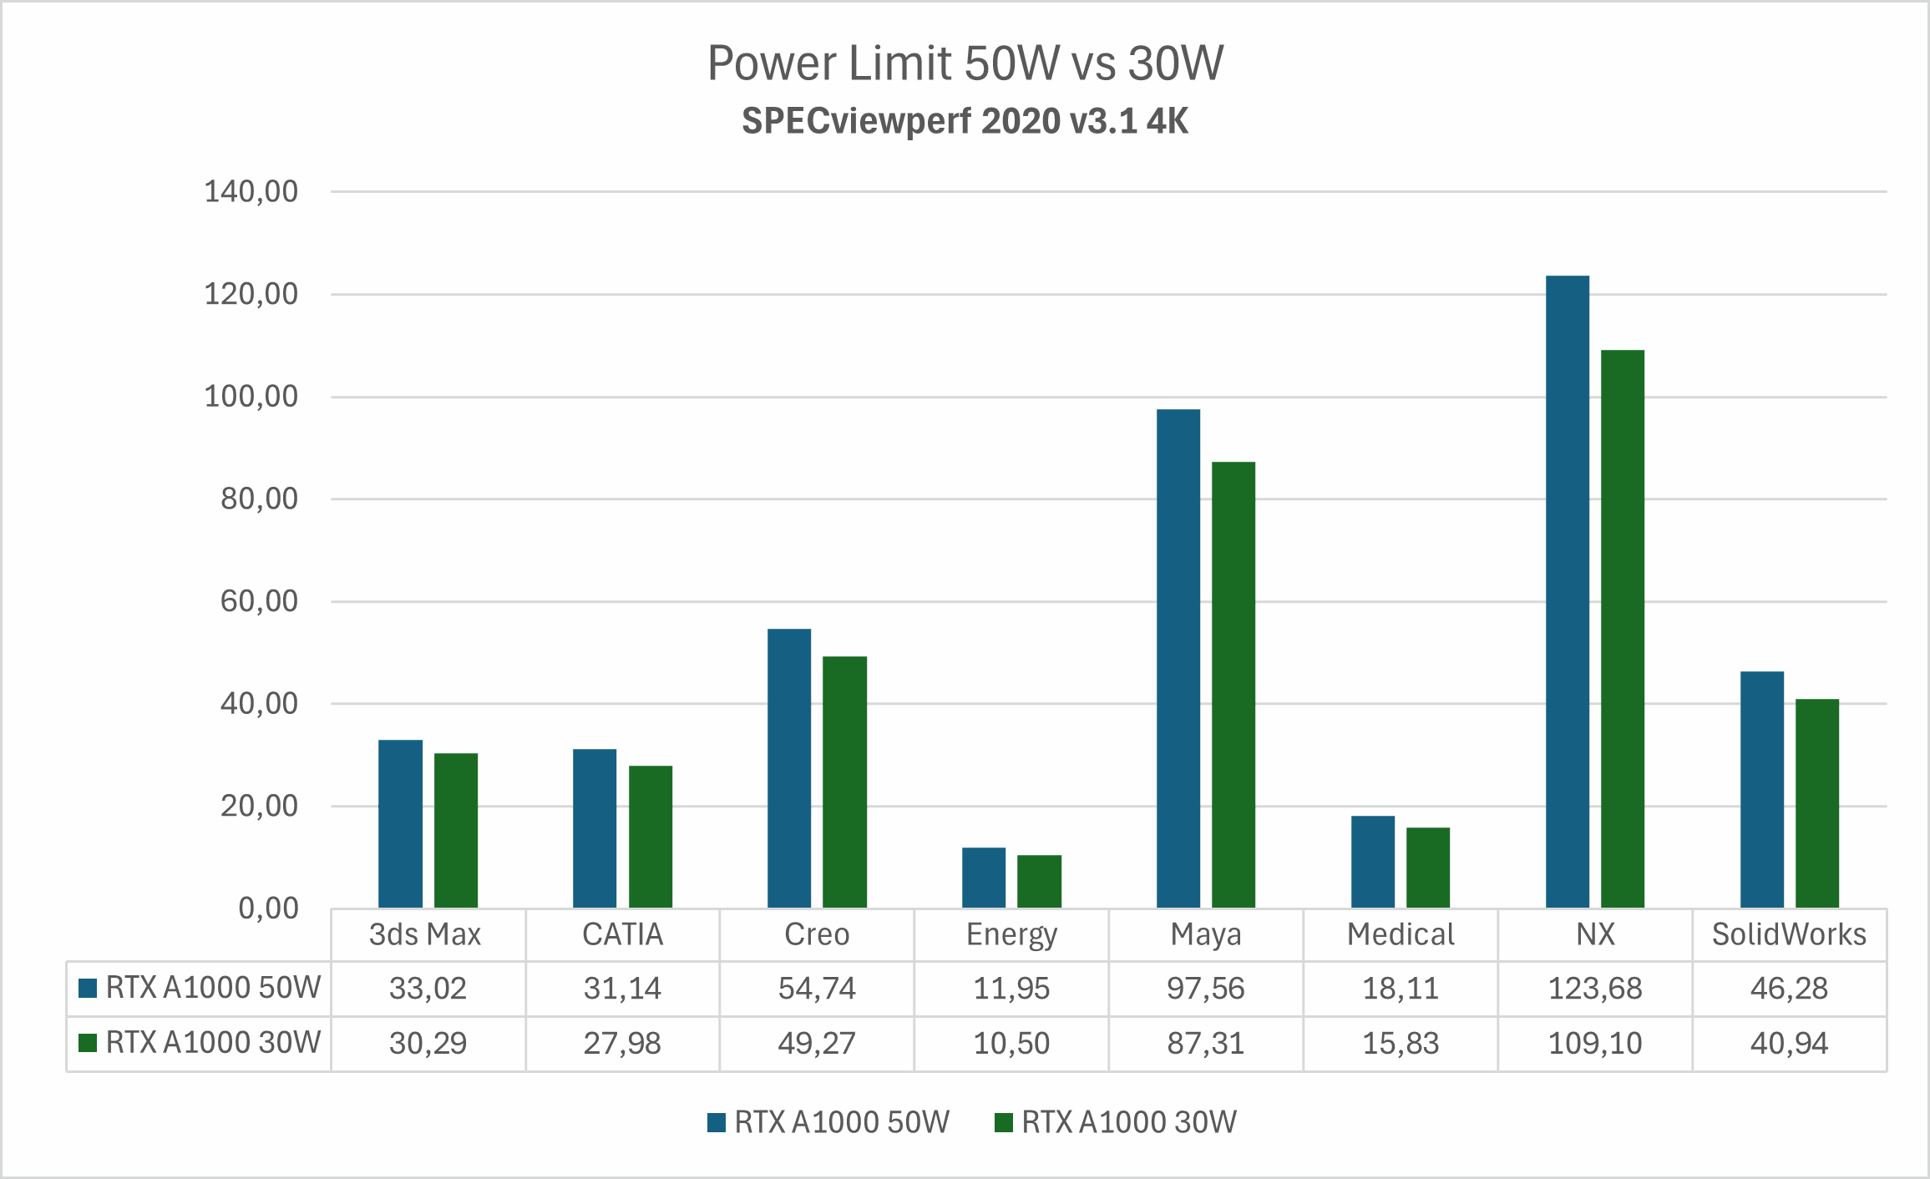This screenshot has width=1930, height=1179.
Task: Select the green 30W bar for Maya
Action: [x=1233, y=685]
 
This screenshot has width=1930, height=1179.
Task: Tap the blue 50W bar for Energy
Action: [x=983, y=878]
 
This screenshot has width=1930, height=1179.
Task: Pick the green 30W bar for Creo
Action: [x=844, y=782]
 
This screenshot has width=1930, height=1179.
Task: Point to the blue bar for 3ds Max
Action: [x=400, y=823]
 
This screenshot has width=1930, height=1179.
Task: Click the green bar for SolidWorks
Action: [x=1816, y=803]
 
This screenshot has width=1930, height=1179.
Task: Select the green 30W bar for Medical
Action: [x=1427, y=868]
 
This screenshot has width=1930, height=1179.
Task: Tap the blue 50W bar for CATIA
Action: [x=595, y=828]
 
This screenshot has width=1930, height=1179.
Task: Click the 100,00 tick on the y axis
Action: [x=251, y=397]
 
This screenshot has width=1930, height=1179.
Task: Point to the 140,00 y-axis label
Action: [x=251, y=192]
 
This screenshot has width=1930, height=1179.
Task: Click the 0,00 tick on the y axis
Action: [x=267, y=908]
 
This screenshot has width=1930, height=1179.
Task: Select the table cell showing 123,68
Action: [x=1594, y=989]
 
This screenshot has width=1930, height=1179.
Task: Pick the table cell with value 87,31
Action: [x=1205, y=1044]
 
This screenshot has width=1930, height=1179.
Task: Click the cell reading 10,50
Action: [x=1011, y=1044]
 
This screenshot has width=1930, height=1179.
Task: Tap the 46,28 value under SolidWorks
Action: [x=1789, y=989]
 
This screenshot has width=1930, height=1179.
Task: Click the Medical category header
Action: [x=1400, y=934]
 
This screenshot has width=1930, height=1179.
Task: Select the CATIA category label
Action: [x=622, y=934]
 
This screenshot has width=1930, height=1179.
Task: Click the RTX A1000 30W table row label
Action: [x=212, y=1043]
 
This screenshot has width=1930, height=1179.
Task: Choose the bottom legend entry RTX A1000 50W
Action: [x=828, y=1122]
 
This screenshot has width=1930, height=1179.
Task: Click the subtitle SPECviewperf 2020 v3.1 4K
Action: [x=965, y=121]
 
